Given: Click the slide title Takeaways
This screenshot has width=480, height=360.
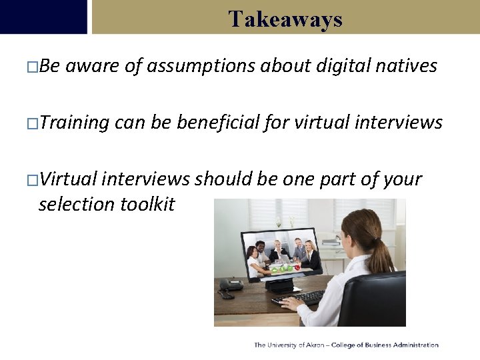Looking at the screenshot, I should [285, 19].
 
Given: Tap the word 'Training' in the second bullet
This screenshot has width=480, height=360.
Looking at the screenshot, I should [74, 123].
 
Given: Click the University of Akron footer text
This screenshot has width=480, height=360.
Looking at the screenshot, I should [346, 345].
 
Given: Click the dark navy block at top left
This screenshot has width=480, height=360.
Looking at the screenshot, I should [43, 17].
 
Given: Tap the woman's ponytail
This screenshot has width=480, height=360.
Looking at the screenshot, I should [385, 257].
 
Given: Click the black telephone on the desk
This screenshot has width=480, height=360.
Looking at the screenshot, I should [230, 285].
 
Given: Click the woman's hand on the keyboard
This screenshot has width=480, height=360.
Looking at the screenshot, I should [291, 303].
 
